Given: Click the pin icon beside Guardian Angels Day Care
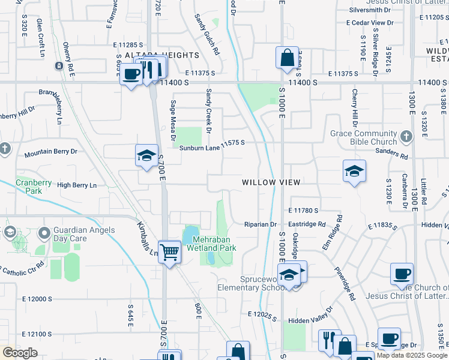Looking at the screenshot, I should [x=43, y=232].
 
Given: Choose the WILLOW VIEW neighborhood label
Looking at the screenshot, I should [x=271, y=182].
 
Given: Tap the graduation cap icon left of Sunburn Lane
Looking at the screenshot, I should [x=146, y=156].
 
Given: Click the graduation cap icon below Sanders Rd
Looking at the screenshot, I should [x=354, y=171].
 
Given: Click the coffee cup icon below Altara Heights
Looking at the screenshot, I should [x=131, y=75].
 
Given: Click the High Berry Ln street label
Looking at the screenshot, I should [x=76, y=185].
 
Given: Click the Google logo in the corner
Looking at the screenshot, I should [x=20, y=353].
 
